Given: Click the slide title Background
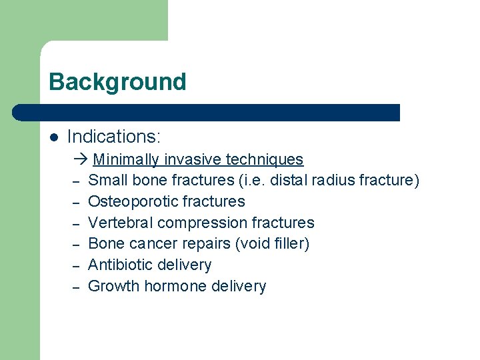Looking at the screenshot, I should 117,82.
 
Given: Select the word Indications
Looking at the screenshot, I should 113,137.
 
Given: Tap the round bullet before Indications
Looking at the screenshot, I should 54,137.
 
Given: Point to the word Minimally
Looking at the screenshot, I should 126,160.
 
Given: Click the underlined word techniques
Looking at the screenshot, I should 265,160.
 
